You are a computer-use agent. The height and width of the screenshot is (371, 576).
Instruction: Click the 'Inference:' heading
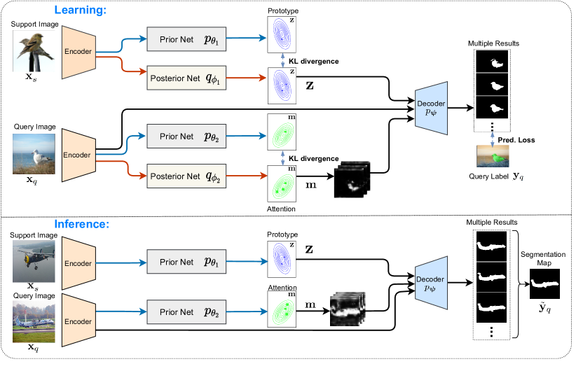click(82, 225)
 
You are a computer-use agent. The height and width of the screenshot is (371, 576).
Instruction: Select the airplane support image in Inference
click(35, 263)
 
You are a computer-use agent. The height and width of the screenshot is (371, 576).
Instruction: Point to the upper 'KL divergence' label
click(313, 62)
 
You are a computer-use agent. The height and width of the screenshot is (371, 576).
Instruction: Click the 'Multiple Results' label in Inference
click(491, 221)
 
